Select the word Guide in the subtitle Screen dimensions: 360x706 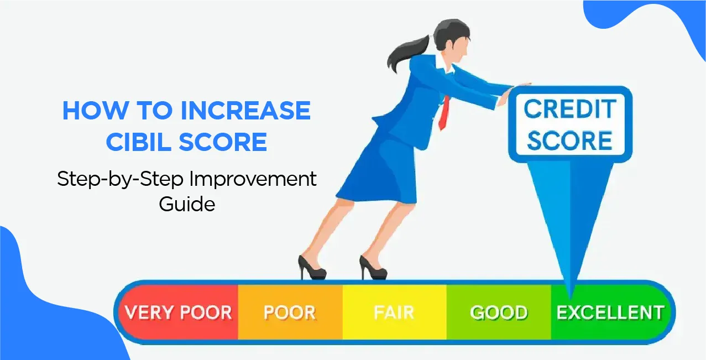(187, 204)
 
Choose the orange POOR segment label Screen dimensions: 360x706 (289, 313)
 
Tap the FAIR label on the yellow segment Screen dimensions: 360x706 (394, 313)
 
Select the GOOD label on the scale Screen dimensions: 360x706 (498, 313)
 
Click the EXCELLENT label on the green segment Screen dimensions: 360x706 (610, 313)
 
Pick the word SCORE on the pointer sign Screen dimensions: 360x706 (569, 140)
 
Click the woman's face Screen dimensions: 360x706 (461, 44)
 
